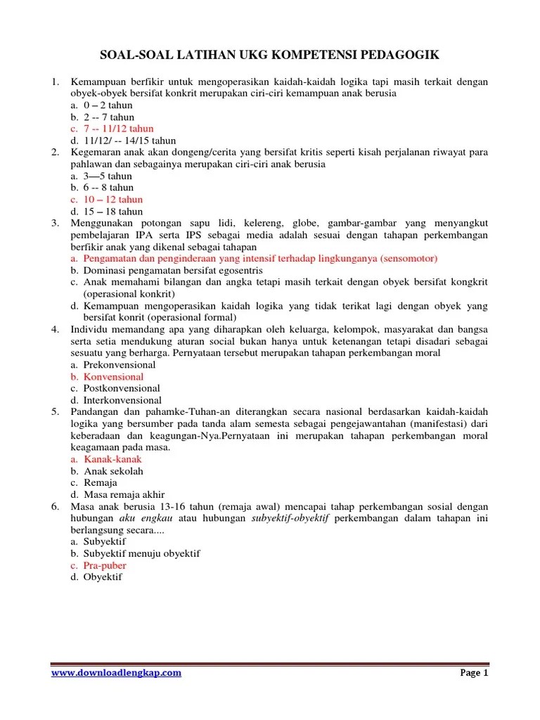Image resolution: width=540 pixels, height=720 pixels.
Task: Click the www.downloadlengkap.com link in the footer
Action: (x=117, y=673)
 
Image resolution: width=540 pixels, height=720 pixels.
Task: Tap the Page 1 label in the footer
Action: (x=474, y=673)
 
